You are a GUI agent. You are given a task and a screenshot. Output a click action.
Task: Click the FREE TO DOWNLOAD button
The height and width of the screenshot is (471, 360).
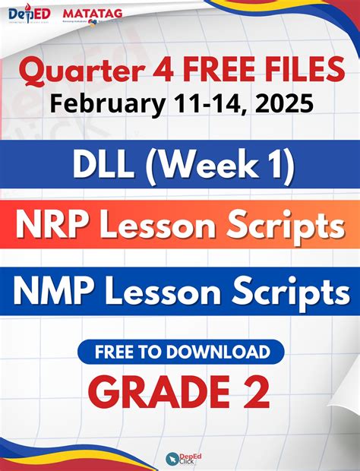(180, 352)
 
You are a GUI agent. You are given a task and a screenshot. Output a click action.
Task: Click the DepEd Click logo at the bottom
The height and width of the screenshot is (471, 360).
(180, 457)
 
